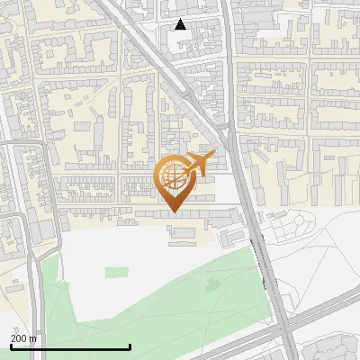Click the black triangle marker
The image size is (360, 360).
coord(180,24)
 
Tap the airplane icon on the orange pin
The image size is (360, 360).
coord(197,165)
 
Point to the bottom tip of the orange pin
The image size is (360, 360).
coord(174,211)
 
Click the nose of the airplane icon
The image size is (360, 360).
coord(213,155)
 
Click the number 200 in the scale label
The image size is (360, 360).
coord(18,338)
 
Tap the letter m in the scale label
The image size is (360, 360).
coord(32,338)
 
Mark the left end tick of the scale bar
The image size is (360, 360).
coord(10,346)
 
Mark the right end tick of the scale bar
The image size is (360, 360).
coord(130,346)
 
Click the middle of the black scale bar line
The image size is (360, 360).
coord(70,346)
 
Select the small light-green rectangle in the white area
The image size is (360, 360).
coord(116,271)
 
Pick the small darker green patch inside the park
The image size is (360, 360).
coord(212,285)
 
